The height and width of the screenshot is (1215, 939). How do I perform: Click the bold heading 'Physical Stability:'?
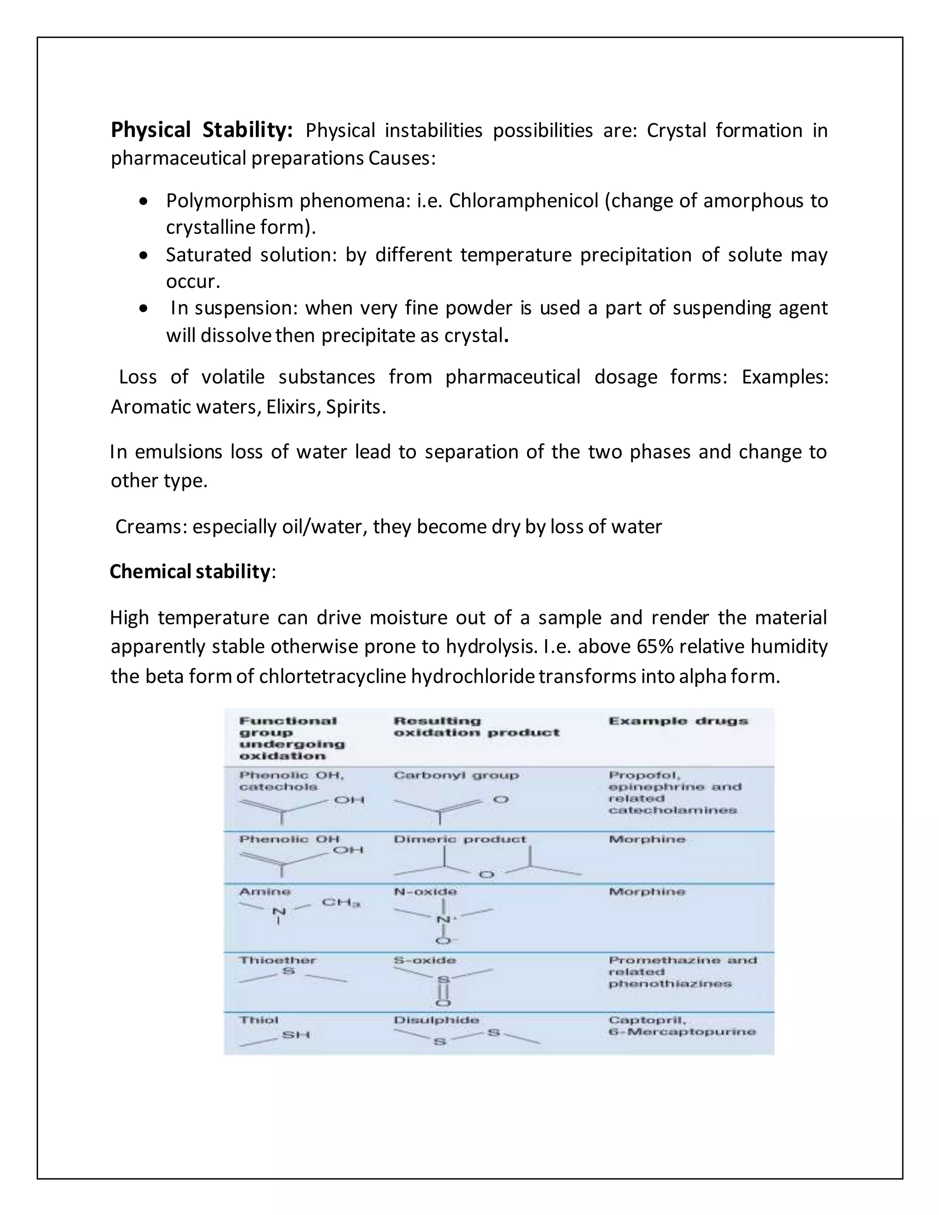coord(201,130)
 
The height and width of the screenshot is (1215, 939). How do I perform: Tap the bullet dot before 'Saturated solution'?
coord(144,255)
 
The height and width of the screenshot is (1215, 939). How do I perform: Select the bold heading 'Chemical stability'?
coord(190,571)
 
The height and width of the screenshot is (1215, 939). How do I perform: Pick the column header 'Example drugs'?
coord(678,721)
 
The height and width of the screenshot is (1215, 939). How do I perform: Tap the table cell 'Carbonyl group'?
coord(456,775)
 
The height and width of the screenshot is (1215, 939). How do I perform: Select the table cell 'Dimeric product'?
coord(459,839)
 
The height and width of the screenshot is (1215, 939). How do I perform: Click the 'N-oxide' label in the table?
coord(425,891)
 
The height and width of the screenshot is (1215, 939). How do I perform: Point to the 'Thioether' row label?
coord(277,960)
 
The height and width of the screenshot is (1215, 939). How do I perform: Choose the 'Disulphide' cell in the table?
coord(436,1020)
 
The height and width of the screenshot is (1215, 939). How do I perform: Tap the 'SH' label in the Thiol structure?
coord(296,1035)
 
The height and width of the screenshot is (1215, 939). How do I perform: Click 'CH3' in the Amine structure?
coord(341,902)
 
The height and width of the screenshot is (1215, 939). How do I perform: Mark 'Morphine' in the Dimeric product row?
coord(647,839)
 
